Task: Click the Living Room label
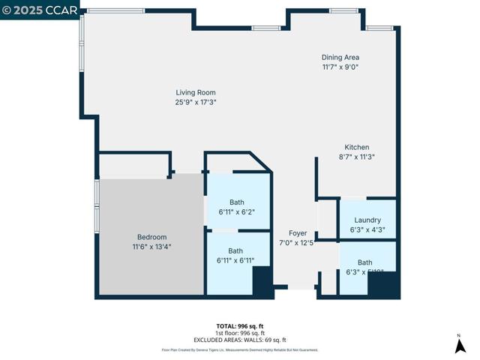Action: (196, 93)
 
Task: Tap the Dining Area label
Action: (340, 58)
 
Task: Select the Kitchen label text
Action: (357, 147)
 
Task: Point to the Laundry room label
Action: (367, 220)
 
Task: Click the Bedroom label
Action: (151, 237)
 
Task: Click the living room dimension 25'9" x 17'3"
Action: (196, 103)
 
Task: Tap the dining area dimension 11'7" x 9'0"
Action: (340, 67)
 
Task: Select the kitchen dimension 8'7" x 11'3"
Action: (357, 157)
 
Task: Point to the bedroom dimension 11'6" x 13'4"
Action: (151, 247)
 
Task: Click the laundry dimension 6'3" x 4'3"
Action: (367, 230)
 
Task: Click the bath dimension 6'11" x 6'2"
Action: (237, 212)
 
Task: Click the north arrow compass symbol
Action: (460, 345)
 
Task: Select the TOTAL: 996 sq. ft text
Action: (240, 326)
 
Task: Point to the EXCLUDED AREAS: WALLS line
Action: (240, 340)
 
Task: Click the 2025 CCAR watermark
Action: (38, 9)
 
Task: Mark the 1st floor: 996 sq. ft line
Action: (240, 333)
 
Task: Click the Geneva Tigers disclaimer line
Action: (240, 349)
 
